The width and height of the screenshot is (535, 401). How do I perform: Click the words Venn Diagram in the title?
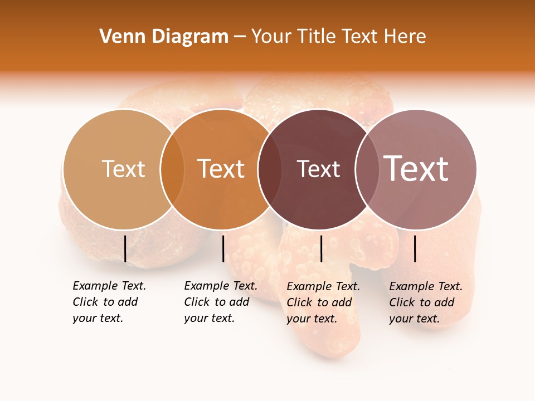coord(164,37)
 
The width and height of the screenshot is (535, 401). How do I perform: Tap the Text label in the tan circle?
coord(124,169)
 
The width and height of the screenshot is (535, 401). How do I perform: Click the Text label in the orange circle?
coord(221,169)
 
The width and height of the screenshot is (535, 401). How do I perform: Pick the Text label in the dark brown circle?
coord(318,169)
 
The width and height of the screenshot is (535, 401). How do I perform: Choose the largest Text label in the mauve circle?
coord(416,168)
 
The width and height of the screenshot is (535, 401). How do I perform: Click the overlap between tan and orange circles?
coord(172,169)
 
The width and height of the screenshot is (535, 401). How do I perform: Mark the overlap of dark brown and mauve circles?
coord(365,169)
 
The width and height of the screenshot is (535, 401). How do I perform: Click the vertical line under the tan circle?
coord(125,248)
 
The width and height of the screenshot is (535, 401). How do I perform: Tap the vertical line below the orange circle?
coord(223,248)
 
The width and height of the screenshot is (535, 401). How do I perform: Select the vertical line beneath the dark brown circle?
coord(321,248)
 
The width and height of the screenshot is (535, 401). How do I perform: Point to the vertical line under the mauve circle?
coord(415,248)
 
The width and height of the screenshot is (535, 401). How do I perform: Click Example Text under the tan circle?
coord(109,286)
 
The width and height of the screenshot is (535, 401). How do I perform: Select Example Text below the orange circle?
coord(221,286)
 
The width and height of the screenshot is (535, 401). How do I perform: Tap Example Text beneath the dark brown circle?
coord(323,286)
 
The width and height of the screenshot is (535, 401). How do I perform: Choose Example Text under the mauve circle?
coord(426,286)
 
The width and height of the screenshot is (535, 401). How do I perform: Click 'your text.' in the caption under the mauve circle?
coord(414,319)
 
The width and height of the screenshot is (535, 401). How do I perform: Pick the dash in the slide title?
coord(240,37)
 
